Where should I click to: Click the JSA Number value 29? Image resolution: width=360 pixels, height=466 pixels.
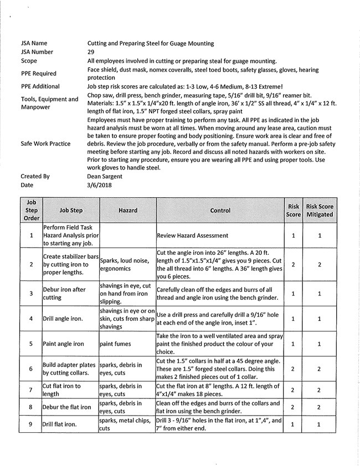click(91, 52)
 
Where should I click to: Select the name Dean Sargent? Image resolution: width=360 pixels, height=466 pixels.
click(105, 176)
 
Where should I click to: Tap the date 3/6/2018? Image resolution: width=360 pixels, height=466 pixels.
click(99, 185)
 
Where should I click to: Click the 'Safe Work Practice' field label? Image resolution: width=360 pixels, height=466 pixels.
click(45, 144)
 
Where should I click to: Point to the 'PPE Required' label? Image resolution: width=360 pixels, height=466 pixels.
click(38, 73)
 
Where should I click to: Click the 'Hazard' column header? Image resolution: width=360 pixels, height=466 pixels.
click(128, 211)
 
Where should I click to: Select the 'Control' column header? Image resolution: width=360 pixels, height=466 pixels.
click(220, 211)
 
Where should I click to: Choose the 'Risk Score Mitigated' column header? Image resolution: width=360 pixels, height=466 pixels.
click(320, 211)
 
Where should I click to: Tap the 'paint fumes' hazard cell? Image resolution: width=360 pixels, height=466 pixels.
click(115, 344)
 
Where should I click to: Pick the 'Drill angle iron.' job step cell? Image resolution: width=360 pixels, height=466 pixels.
click(64, 319)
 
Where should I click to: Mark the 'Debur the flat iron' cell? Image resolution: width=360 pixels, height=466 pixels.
click(67, 407)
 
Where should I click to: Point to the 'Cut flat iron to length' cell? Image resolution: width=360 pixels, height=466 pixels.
click(61, 390)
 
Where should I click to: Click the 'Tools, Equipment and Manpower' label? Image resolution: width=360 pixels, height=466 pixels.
click(49, 103)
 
